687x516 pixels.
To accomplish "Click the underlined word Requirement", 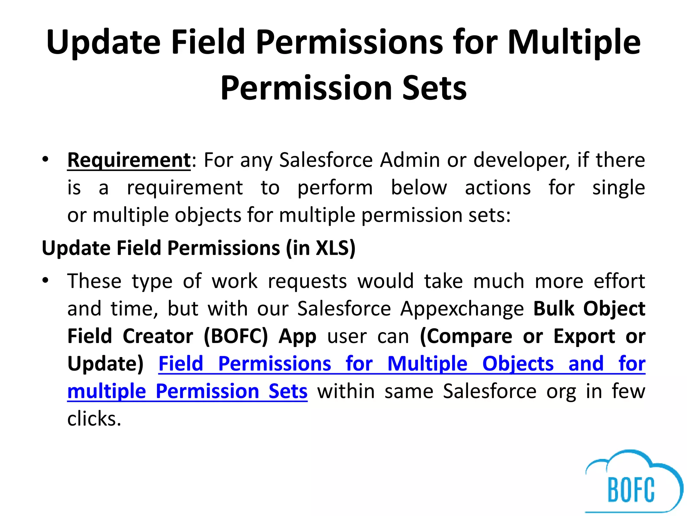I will tap(129, 160).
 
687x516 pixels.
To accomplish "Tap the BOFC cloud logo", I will tap(632, 484).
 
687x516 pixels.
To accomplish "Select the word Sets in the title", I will tap(434, 88).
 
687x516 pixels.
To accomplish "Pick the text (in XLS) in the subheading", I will tap(321, 248).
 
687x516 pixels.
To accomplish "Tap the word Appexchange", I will tap(462, 309).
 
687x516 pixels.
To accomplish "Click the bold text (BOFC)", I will tap(236, 336).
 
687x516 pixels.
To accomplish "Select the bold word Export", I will tap(584, 336).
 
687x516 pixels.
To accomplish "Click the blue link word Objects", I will tap(518, 364).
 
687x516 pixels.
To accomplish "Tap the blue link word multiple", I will tap(106, 392).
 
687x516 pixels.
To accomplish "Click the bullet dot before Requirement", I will tap(46, 159).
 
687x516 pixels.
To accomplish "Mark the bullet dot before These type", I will tap(46, 280).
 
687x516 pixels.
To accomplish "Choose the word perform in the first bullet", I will tap(335, 188).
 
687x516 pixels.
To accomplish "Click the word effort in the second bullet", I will tap(619, 281).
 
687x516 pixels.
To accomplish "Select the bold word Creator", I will tap(158, 336).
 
